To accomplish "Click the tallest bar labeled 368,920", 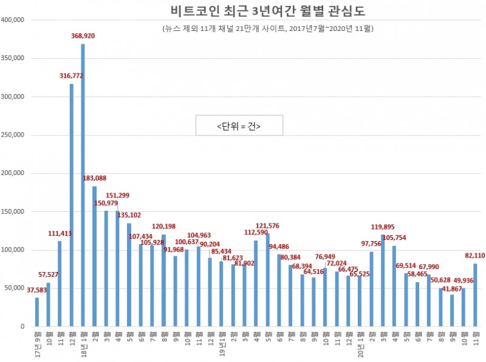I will tap(83, 185).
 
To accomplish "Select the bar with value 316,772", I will tap(71, 205).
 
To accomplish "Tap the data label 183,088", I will tap(95, 178).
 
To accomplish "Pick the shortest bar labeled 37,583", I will tap(37, 312).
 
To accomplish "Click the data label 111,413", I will tap(60, 233).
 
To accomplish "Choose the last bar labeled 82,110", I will tap(474, 295).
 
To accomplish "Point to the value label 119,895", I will tap(383, 227).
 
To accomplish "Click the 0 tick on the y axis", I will tap(21, 327).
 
